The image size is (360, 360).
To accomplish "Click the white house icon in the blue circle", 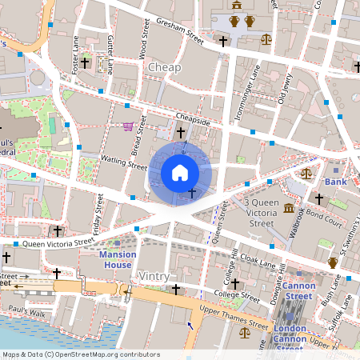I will (180, 172).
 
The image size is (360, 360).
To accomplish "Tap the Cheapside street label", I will (193, 120).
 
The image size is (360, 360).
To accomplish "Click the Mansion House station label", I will (118, 259).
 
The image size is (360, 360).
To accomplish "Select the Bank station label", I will (335, 182).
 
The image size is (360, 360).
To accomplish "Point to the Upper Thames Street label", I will (234, 318).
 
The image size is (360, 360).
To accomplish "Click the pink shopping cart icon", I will (128, 126).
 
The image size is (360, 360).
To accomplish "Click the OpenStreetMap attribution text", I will (80, 354).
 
